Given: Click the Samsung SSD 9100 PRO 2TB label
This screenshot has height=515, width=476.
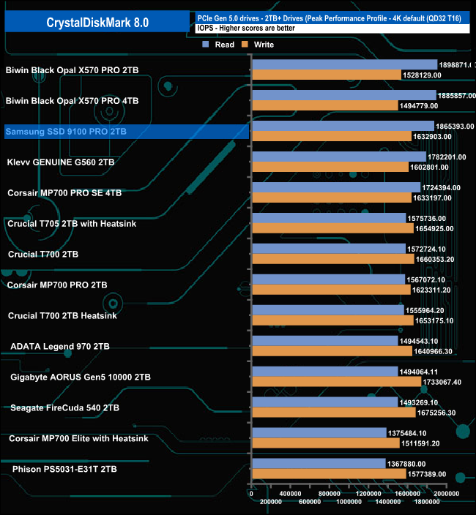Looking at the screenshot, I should pos(66,132).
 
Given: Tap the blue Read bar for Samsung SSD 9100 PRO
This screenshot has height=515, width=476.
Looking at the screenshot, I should pos(342,126).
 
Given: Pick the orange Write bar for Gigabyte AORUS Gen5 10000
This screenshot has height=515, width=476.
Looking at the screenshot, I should pos(336,382).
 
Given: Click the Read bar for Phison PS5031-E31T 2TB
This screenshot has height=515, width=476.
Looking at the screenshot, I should pos(319,463).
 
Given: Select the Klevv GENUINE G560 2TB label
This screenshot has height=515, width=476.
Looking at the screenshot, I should pos(61,162).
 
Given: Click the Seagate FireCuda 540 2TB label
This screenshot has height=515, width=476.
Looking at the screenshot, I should pos(65,407).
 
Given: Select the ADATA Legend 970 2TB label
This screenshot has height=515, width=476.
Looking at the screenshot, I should pos(60,346).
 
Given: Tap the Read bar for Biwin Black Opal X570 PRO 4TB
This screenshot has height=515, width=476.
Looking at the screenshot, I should pos(343,95).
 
